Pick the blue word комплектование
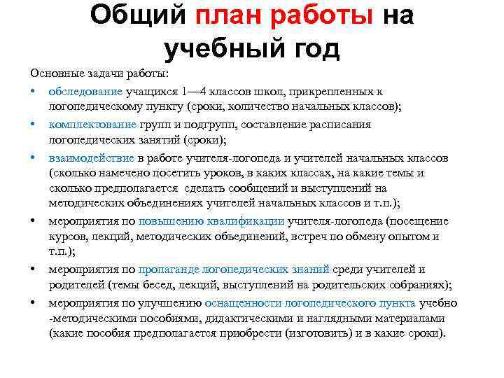(x=92, y=124)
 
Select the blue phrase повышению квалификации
(x=211, y=220)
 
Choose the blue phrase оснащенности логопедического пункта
(x=310, y=302)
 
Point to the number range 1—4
(x=193, y=92)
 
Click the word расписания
(x=342, y=124)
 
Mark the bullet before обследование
(x=33, y=92)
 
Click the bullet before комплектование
(x=33, y=124)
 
